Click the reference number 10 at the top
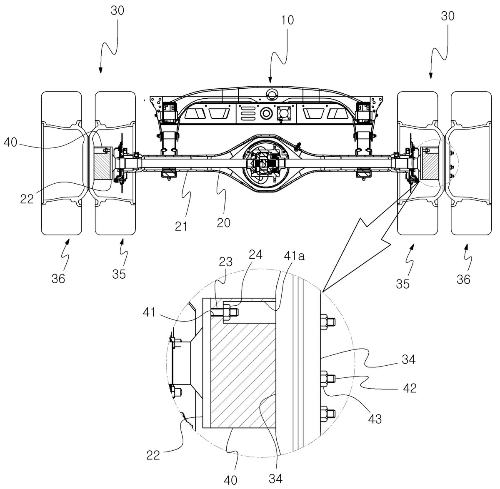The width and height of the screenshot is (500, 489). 287,20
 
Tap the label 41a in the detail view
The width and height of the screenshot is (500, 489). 294,256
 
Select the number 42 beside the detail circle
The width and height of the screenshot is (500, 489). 410,388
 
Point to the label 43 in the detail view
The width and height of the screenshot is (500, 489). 375,419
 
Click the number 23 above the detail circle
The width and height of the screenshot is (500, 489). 225,262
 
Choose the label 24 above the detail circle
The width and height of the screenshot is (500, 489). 256,254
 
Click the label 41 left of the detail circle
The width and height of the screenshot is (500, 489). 149,312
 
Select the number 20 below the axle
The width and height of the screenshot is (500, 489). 223,223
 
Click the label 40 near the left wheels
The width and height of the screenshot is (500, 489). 10,142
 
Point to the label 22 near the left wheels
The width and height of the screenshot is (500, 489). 27,199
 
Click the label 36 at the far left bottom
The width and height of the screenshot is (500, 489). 58,279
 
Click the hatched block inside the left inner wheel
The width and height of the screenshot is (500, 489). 102,164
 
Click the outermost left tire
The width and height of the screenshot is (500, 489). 62,163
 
